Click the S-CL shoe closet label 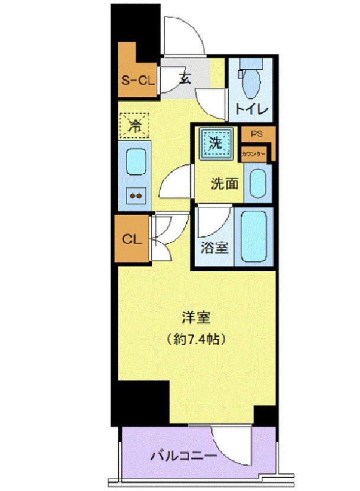[137, 81]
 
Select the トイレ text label [252, 109]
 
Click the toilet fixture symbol [249, 81]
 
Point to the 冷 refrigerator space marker [135, 125]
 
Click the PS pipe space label [257, 134]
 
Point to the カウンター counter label [252, 154]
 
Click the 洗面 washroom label [225, 184]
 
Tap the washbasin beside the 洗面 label [258, 184]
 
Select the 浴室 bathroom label [214, 249]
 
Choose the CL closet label [132, 239]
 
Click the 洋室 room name [196, 318]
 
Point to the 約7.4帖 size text [197, 340]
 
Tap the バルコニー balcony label [183, 456]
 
